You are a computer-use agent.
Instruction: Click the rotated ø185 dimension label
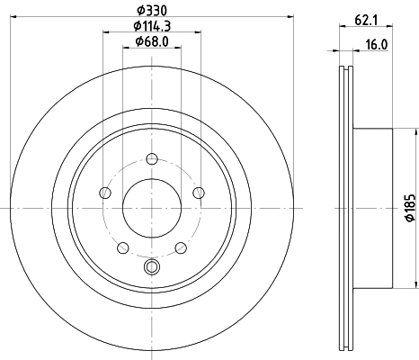408,208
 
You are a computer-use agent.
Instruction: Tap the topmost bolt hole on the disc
150,160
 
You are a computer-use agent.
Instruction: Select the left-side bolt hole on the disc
105,193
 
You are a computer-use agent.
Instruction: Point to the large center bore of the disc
150,207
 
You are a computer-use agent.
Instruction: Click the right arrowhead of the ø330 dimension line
291,15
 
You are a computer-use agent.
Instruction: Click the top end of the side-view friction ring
347,68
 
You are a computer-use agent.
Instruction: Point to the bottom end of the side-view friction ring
347,346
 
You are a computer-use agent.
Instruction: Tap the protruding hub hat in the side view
376,207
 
